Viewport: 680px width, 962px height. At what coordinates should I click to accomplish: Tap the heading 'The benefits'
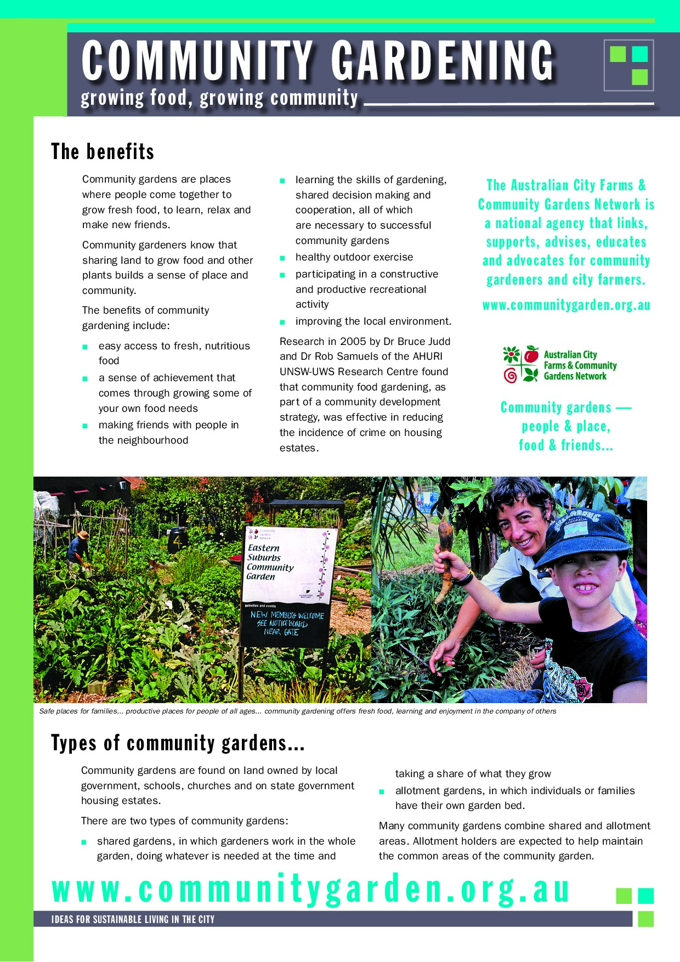(x=103, y=152)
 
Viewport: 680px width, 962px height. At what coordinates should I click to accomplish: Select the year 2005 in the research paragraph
(x=353, y=341)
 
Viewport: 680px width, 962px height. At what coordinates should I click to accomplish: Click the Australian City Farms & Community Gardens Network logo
(x=559, y=365)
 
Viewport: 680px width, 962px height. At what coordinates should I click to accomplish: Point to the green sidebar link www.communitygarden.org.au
(x=566, y=305)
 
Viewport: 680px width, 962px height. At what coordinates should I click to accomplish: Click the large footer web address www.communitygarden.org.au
(x=310, y=890)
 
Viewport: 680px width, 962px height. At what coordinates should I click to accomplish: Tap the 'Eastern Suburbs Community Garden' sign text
(x=270, y=562)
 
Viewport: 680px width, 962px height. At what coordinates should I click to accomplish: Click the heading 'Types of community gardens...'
(x=178, y=743)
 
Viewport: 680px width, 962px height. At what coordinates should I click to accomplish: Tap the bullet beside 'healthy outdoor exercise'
(x=282, y=258)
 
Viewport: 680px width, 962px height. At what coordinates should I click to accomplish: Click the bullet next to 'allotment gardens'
(x=382, y=791)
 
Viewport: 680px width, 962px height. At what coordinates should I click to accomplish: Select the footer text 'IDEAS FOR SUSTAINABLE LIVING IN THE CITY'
(x=133, y=919)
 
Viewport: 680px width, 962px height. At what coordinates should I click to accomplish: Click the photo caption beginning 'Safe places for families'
(x=297, y=711)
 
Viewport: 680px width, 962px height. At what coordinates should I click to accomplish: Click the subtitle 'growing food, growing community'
(x=219, y=99)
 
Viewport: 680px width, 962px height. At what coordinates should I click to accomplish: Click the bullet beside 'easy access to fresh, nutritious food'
(x=85, y=347)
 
